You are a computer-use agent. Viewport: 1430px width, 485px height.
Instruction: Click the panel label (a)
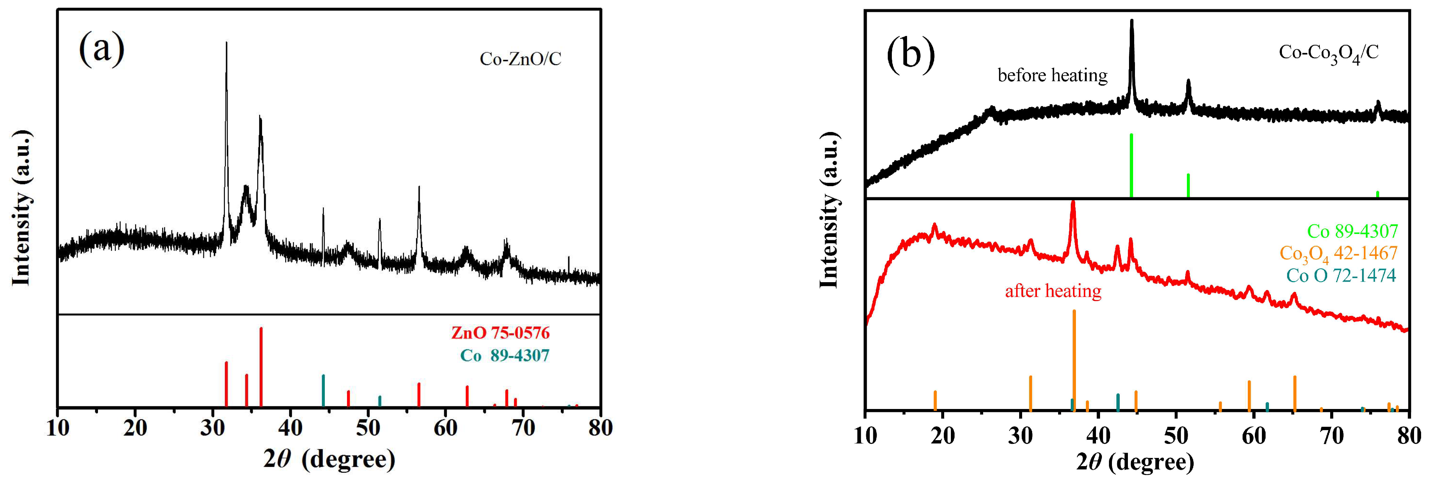[102, 49]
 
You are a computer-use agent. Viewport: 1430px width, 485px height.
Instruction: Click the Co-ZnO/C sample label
[520, 59]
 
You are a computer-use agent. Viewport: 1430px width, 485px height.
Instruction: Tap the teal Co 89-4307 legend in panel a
[504, 356]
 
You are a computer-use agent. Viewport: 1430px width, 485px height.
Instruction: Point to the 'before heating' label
[1052, 75]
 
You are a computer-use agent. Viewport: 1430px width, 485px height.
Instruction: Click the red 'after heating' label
[1053, 291]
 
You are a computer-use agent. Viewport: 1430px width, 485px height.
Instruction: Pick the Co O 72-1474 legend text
[1341, 275]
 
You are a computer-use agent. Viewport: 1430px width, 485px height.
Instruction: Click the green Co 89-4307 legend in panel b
[1352, 231]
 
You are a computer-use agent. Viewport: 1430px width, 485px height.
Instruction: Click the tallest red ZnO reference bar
[261, 366]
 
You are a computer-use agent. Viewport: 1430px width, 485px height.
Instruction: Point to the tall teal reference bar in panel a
[323, 391]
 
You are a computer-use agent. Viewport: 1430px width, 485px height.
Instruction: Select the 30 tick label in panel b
[1020, 436]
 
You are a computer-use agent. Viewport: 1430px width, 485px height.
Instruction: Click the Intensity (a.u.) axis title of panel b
[829, 211]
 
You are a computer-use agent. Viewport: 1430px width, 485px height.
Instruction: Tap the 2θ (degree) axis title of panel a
[328, 459]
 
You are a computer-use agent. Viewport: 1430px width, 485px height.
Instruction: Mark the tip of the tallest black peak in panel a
[226, 43]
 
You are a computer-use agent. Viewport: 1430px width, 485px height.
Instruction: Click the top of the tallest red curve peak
[1073, 202]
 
